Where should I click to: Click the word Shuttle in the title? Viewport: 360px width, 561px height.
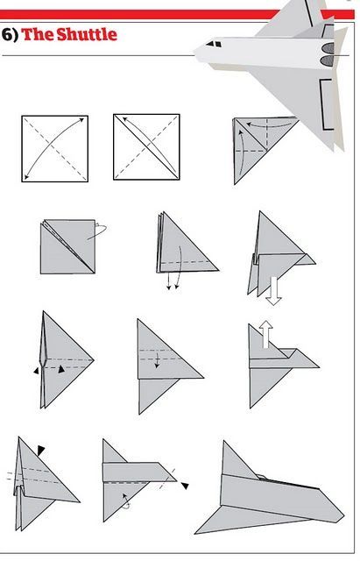click(87, 35)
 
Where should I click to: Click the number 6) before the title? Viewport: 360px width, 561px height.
click(10, 35)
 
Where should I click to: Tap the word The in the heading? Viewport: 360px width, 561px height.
click(38, 35)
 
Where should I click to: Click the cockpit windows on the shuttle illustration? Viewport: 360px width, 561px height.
click(214, 44)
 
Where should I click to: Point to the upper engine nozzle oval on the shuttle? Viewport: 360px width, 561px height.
click(328, 48)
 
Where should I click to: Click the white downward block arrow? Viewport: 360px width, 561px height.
click(274, 291)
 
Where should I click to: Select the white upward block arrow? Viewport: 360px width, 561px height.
click(265, 334)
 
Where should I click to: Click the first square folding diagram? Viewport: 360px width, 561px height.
click(54, 148)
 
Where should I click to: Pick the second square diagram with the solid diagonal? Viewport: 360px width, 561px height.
click(146, 146)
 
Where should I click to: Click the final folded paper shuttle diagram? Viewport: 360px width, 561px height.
click(270, 488)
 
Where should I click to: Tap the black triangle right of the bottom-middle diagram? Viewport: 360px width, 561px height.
click(185, 486)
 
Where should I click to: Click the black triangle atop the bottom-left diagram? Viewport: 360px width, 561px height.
click(41, 451)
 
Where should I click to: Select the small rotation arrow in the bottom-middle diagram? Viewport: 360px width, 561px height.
click(126, 501)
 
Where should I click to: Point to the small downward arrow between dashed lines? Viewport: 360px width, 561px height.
click(157, 360)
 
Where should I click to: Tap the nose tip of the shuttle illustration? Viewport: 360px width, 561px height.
click(195, 53)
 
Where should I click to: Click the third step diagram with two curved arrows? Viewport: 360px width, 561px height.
click(265, 150)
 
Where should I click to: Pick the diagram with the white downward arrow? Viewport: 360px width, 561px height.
click(281, 258)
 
